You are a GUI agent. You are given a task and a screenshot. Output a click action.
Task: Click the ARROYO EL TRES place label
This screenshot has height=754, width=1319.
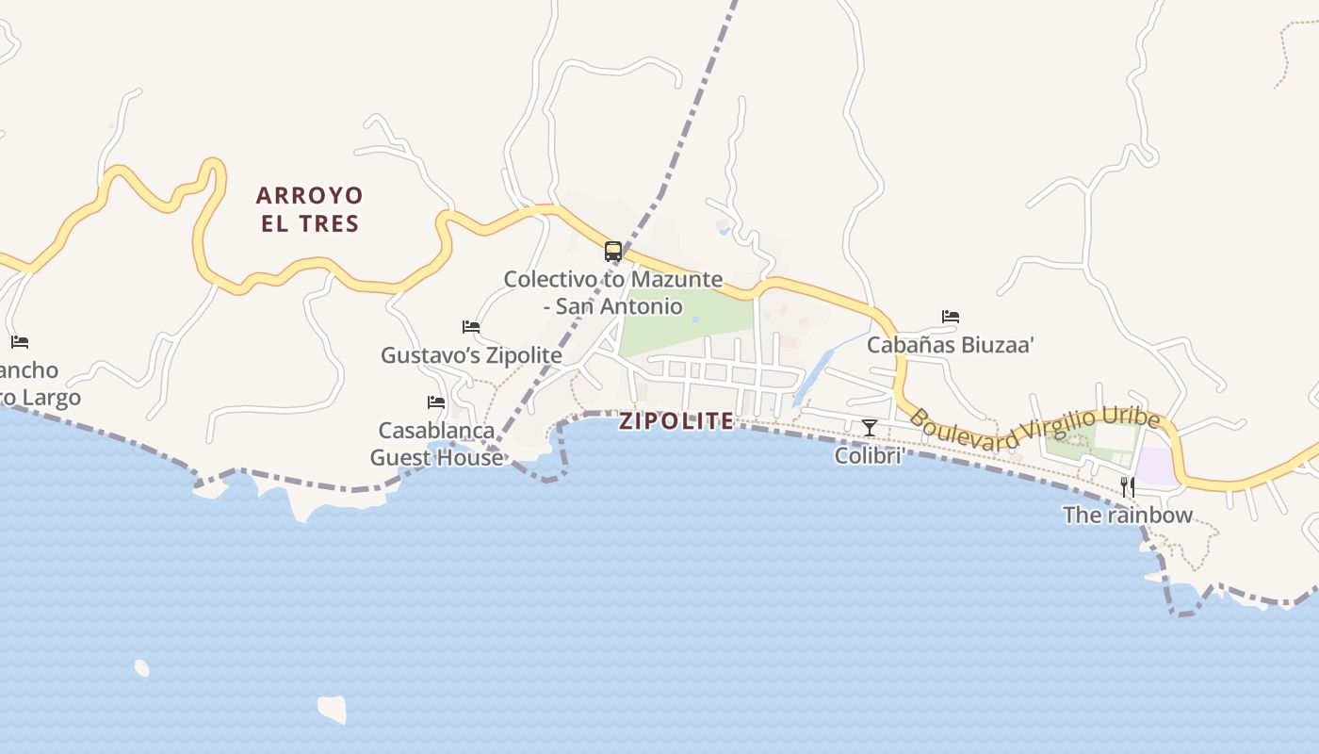309,209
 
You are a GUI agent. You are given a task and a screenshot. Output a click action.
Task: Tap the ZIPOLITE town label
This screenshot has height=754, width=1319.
676,421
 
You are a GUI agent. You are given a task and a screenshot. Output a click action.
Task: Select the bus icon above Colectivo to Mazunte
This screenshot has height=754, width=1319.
613,252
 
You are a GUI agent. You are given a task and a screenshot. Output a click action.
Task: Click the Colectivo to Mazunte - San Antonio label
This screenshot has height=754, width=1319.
613,292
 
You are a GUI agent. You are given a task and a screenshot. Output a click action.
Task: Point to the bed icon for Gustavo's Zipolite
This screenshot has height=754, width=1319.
471,327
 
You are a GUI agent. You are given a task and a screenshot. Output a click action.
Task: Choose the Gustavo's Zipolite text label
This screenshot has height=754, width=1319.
471,355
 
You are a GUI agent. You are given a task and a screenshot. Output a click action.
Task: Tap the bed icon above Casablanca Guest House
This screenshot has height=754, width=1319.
436,402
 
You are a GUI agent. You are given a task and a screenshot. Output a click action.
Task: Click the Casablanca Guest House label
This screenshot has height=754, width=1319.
436,444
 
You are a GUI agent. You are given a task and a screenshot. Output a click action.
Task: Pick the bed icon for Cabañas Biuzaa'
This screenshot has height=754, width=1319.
951,317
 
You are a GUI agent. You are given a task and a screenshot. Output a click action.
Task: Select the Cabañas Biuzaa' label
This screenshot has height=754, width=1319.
951,345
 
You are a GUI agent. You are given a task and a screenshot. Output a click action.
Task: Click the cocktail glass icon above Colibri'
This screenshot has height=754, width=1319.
870,428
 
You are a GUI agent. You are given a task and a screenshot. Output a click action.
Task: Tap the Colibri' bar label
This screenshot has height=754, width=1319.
870,456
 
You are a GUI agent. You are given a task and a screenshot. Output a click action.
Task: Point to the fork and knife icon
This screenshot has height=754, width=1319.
1128,486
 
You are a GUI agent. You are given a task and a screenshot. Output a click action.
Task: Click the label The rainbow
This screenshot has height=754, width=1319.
1128,516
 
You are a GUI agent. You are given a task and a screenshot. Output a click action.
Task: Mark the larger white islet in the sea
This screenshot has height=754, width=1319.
332,708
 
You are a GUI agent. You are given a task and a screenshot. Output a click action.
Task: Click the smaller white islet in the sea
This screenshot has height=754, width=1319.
141,668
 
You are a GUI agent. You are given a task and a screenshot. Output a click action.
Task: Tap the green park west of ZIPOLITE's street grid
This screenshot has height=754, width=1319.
683,320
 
